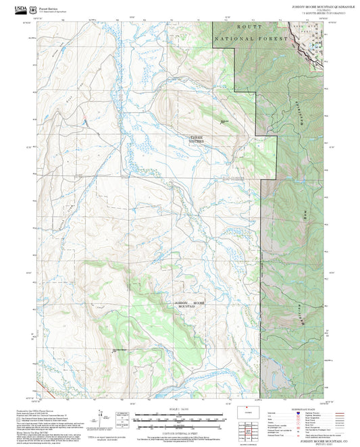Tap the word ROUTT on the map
(251, 27)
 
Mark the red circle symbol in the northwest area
(85, 122)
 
